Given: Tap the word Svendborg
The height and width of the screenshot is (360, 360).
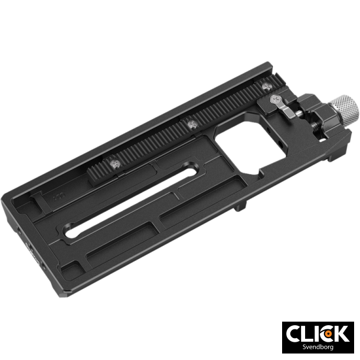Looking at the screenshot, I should [317, 347].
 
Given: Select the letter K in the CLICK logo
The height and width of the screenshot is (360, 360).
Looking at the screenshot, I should [341, 333].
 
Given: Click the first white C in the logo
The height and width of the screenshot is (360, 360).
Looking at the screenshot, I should [295, 333].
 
